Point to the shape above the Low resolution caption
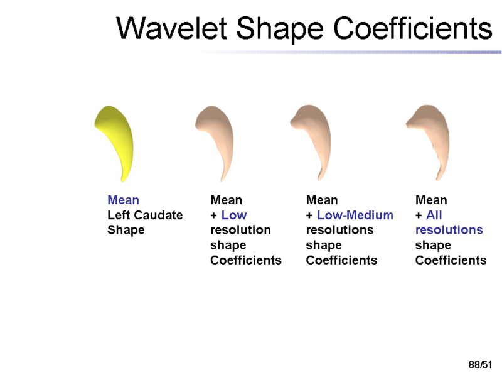click(216, 135)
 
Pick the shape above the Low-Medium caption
click(314, 135)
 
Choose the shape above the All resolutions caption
click(430, 135)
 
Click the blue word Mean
click(123, 200)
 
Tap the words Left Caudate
click(145, 215)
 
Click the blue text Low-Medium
click(355, 215)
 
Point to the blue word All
click(434, 215)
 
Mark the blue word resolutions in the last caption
click(449, 230)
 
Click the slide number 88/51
click(481, 364)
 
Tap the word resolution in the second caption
click(240, 230)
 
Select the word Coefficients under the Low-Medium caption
click(341, 260)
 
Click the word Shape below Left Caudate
click(125, 230)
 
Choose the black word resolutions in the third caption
click(339, 230)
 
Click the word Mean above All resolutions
click(431, 200)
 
